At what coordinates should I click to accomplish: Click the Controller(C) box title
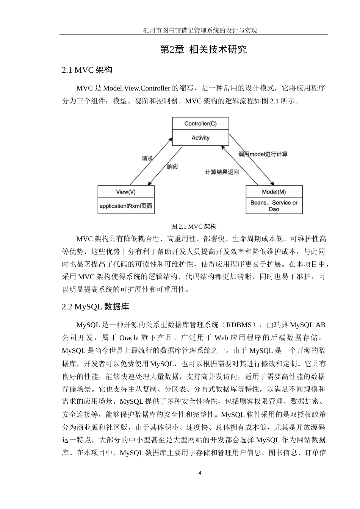click(200, 123)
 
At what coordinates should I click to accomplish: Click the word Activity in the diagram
click(200, 138)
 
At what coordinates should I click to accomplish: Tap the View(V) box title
click(126, 192)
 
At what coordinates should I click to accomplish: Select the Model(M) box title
click(274, 192)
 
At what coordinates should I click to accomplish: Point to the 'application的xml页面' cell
click(126, 206)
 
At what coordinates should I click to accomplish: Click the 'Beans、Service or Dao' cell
click(274, 206)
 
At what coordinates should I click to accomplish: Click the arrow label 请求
click(147, 158)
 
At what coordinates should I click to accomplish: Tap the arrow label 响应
click(173, 167)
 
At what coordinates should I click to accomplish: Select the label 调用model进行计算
click(263, 154)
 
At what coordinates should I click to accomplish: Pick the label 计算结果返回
click(222, 172)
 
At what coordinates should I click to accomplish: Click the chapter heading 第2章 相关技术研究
click(203, 49)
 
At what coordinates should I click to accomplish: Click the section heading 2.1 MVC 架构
click(87, 70)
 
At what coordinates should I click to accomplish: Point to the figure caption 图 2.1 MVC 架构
click(194, 226)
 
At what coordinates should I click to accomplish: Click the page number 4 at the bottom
click(200, 473)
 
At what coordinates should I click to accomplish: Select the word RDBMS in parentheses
click(239, 325)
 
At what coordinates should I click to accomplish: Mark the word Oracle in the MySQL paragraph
click(130, 337)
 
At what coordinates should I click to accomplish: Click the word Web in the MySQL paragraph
click(221, 337)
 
